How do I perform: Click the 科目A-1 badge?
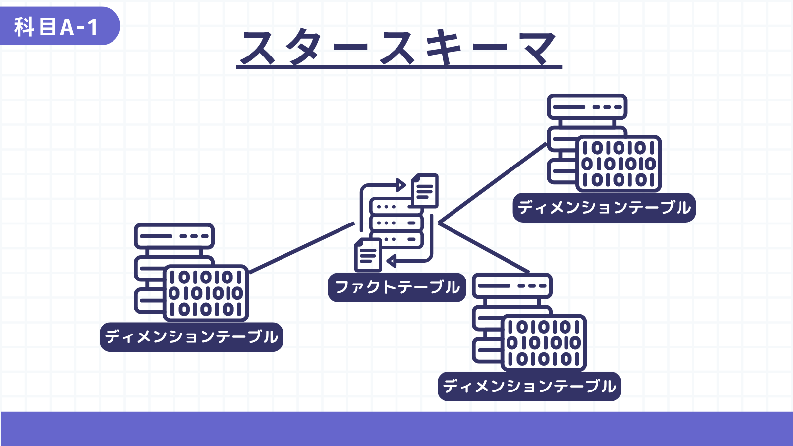coord(59,26)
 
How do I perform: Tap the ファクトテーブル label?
coord(397,287)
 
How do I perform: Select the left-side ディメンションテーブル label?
coord(191,337)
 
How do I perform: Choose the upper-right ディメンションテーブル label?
coord(604,208)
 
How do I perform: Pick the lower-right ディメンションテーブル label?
coord(529,387)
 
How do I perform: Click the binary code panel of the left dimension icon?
coord(206,293)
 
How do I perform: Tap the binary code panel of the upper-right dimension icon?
coord(619,164)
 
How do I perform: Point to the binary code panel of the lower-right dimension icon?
coord(544,343)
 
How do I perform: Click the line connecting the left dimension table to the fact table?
coord(302,248)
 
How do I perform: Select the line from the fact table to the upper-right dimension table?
coord(493,183)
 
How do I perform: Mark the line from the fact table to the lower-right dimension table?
coord(484,248)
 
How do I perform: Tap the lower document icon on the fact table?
coord(368,255)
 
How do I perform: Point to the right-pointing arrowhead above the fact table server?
coord(401,185)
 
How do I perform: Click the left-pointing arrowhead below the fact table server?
coord(391,261)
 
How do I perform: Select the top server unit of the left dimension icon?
coord(174,236)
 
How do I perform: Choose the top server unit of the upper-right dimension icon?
coord(587,107)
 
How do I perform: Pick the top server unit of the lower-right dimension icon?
coord(512,285)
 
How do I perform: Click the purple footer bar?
coord(396,429)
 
